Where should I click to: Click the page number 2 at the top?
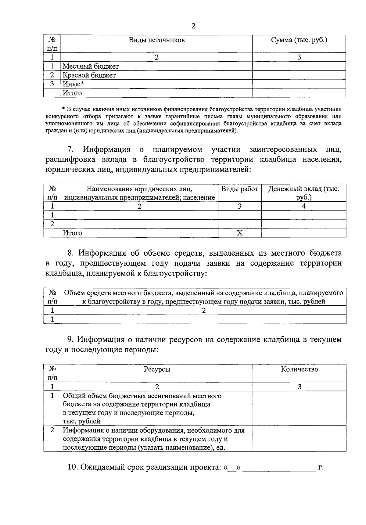193,26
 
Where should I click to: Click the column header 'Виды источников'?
156,40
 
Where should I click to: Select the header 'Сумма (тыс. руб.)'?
299,40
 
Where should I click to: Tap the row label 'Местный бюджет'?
91,66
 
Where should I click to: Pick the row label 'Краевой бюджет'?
89,75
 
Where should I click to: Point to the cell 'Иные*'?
73,84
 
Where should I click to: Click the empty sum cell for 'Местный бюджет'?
299,66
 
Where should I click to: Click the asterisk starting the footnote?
63,109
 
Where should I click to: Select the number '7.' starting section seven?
71,149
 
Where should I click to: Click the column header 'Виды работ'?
239,189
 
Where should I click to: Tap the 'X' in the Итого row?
240,233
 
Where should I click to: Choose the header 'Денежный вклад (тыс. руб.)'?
303,193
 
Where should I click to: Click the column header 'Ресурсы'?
157,369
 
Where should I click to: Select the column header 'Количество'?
299,369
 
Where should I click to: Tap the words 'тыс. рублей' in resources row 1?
81,422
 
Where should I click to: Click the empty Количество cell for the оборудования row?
299,439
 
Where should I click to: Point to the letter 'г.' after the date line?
321,467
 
